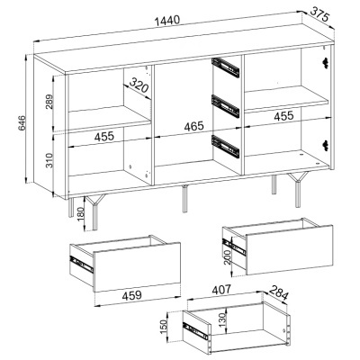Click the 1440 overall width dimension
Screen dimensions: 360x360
click(167, 22)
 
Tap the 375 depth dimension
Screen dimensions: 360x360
click(321, 14)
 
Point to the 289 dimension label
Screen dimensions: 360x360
click(49, 102)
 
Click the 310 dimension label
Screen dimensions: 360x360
click(49, 160)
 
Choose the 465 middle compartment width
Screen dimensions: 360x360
click(193, 126)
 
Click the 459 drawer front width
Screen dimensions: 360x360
click(132, 295)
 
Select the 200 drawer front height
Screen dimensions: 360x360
click(227, 257)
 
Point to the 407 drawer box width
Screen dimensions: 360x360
click(221, 290)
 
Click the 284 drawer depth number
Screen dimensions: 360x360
click(278, 292)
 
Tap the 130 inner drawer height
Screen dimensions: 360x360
click(221, 320)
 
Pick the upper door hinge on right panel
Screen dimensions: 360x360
click(325, 61)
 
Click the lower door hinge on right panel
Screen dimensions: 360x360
click(325, 144)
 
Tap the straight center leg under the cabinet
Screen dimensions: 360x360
click(184, 199)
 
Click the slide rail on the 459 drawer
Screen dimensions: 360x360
click(81, 264)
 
